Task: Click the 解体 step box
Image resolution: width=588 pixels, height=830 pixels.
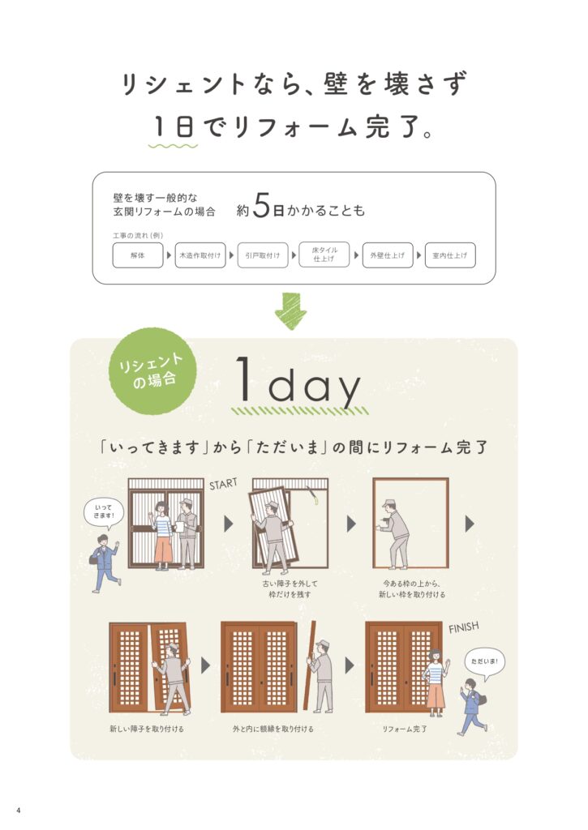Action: coord(138,255)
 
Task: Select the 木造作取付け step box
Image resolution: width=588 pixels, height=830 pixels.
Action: coord(200,255)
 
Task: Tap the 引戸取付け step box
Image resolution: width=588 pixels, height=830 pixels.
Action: coord(263,255)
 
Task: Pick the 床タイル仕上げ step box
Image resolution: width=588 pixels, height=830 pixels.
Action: coord(324,255)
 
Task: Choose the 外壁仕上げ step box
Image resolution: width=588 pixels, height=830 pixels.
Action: coord(387,255)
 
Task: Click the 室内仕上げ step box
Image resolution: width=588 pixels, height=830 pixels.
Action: coord(450,255)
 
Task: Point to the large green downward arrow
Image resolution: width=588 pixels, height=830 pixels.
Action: coord(291,311)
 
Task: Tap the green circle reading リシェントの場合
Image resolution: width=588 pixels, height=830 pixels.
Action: coord(152,370)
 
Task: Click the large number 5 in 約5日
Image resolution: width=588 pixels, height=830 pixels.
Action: coord(261,205)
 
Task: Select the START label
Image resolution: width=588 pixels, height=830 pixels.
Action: coord(223,484)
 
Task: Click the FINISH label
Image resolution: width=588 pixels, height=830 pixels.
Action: coord(464,627)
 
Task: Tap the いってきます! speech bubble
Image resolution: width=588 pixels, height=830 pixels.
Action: coord(103,513)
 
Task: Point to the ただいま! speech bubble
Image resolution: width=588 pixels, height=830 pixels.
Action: coord(485,662)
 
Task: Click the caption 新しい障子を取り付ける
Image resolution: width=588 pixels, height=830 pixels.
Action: coord(147,729)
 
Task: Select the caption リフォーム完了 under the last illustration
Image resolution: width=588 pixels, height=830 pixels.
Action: coord(405,729)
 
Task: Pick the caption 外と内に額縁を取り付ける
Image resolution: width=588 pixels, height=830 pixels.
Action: coord(273,729)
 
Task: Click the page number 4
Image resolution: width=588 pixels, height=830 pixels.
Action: coord(19,811)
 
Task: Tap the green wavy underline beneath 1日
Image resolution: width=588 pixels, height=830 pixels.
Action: coord(173,146)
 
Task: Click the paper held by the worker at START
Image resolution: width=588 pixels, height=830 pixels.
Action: coord(179,527)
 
